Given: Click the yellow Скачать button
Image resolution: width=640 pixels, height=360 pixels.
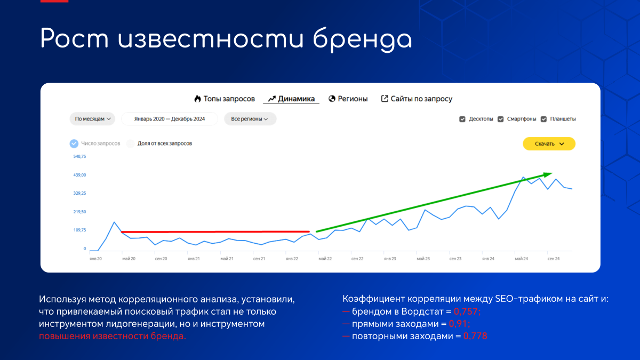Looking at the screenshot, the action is (549, 143).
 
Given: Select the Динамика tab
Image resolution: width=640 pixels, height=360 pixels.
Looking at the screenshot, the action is (291, 99).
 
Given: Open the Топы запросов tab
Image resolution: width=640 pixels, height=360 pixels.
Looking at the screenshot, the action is (225, 99).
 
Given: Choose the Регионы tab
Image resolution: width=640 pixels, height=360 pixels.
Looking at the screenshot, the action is (348, 99).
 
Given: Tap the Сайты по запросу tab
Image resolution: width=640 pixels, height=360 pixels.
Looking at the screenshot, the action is (417, 99).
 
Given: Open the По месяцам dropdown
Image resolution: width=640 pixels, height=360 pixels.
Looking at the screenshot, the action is (92, 119).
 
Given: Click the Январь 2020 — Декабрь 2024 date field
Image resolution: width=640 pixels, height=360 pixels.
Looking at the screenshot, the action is (170, 119).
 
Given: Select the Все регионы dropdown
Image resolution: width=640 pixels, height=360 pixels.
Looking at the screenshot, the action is (250, 119).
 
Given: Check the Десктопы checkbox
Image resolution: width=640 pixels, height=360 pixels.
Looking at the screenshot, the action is (462, 119).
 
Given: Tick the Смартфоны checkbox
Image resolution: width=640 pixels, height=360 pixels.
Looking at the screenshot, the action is (501, 119).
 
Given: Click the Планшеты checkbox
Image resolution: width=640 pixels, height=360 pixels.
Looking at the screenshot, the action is (543, 119).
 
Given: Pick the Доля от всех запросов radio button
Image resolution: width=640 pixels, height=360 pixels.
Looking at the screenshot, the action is (131, 143).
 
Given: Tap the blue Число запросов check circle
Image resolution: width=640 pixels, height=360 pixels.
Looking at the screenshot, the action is (74, 143).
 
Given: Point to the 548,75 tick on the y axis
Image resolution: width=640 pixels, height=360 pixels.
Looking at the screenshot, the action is (79, 156).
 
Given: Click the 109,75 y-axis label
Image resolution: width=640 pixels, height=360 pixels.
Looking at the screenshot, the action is (79, 230).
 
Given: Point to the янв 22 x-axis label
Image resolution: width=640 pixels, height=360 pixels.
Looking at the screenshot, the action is (292, 259).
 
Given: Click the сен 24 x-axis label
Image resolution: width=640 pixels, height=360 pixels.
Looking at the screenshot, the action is (554, 259).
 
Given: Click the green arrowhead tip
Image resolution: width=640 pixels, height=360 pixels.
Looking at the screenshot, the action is (552, 173).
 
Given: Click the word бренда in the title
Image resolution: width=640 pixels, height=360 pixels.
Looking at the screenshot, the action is (363, 39).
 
